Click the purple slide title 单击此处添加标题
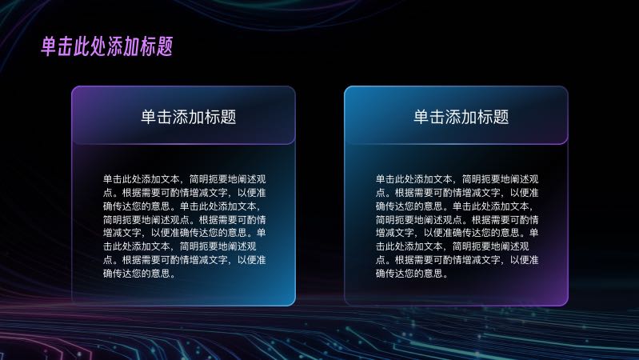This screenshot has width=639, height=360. [x=107, y=46]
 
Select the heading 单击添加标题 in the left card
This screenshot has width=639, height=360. [x=188, y=117]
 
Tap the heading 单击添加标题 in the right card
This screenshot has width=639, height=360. [x=461, y=117]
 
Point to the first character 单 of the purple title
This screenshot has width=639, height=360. [x=49, y=46]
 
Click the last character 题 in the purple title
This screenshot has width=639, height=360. [x=165, y=46]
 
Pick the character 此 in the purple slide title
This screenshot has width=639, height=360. [x=82, y=46]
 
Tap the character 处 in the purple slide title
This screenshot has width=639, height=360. [x=98, y=46]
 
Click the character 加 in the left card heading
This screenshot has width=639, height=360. [x=197, y=117]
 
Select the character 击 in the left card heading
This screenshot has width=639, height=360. [x=164, y=117]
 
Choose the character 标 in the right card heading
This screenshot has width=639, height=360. [x=485, y=117]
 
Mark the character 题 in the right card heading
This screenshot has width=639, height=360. [x=501, y=117]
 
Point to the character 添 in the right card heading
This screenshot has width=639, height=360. [x=453, y=117]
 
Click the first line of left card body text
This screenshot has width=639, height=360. [x=184, y=179]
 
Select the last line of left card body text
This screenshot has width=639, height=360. [x=139, y=273]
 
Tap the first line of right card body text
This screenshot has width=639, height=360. [x=457, y=179]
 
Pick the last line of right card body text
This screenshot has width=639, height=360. [x=412, y=273]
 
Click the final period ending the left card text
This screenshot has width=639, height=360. [x=173, y=276]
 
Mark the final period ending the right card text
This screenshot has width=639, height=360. [x=445, y=276]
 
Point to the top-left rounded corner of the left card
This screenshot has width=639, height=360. [x=74, y=89]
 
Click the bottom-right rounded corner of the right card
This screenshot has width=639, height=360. [x=565, y=303]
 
